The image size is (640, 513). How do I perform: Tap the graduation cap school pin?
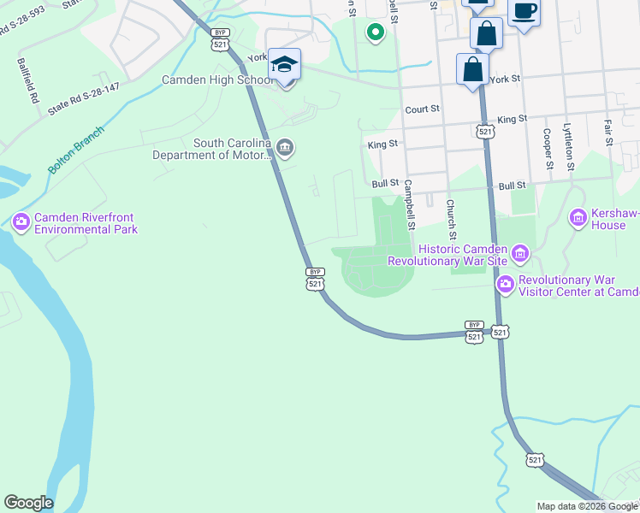pyautogui.click(x=284, y=65)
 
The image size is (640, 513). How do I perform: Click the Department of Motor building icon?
pyautogui.click(x=286, y=149)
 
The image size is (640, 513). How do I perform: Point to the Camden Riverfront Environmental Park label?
pyautogui.click(x=86, y=223)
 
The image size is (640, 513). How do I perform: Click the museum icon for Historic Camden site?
pyautogui.click(x=520, y=253)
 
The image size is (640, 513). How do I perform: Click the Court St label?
pyautogui.click(x=422, y=109)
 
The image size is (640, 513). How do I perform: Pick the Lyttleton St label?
pyautogui.click(x=568, y=146)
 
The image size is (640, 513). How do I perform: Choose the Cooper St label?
pyautogui.click(x=547, y=149)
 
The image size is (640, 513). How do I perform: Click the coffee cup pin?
pyautogui.click(x=524, y=13)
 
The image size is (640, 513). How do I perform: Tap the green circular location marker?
pyautogui.click(x=374, y=33)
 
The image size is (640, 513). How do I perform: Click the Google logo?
pyautogui.click(x=28, y=503)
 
